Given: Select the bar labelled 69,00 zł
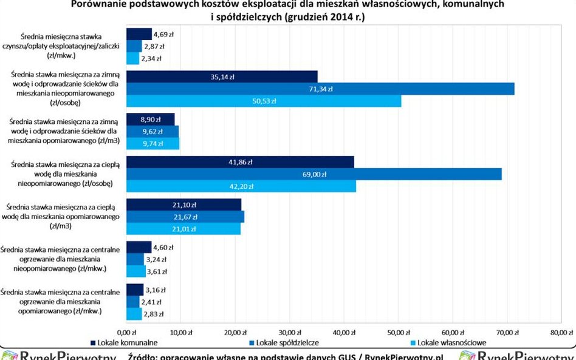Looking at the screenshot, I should [x=314, y=174].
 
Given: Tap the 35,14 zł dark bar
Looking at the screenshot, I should [x=221, y=76].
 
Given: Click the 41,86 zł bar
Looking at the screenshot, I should [x=239, y=162].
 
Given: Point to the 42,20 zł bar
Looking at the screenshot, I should [x=241, y=186].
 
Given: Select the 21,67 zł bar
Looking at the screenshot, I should [x=185, y=217].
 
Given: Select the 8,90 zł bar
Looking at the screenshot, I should [x=149, y=119].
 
